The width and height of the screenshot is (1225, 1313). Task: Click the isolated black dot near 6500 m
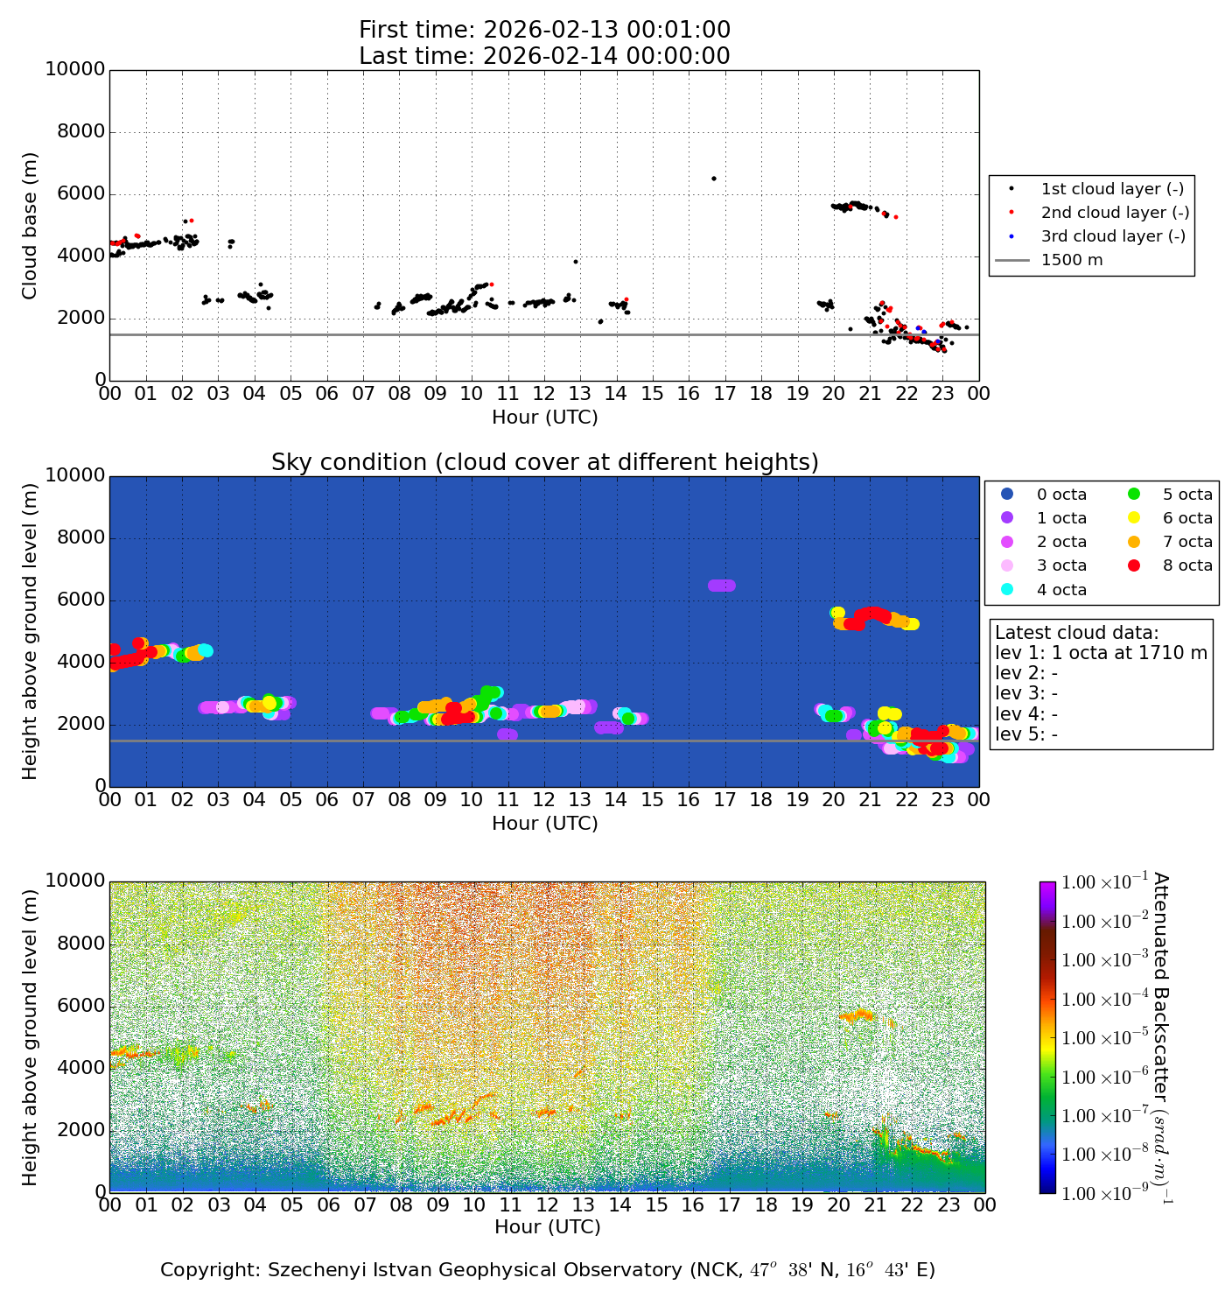[713, 179]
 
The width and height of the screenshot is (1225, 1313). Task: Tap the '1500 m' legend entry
[1071, 260]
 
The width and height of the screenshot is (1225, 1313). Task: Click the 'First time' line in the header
[544, 31]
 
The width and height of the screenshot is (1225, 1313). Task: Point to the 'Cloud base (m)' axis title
[31, 226]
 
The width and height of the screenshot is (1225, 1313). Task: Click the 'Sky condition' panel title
[544, 462]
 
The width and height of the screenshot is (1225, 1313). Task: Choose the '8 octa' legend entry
[1187, 565]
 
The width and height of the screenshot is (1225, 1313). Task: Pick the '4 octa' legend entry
[1061, 590]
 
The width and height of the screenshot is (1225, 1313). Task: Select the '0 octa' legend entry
[1061, 495]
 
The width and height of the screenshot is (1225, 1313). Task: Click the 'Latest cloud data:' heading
[1076, 633]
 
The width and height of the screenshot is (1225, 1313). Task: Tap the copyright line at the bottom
[547, 1270]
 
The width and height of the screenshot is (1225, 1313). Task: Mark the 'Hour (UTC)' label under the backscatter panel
[547, 1227]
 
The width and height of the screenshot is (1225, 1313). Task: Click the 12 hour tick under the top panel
[543, 394]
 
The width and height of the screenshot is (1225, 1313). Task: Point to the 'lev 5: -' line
[1025, 734]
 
